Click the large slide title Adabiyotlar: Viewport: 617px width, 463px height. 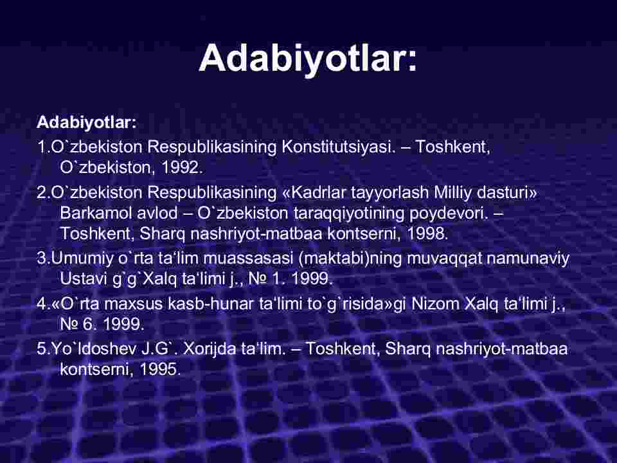308,59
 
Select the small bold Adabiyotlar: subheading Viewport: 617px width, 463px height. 87,122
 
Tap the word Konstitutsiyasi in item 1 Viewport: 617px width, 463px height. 338,147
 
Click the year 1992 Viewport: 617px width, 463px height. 182,168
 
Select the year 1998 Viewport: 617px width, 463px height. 427,233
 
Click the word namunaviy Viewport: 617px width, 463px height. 528,259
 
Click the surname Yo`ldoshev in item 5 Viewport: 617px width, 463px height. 93,349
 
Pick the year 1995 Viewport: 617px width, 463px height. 160,369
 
